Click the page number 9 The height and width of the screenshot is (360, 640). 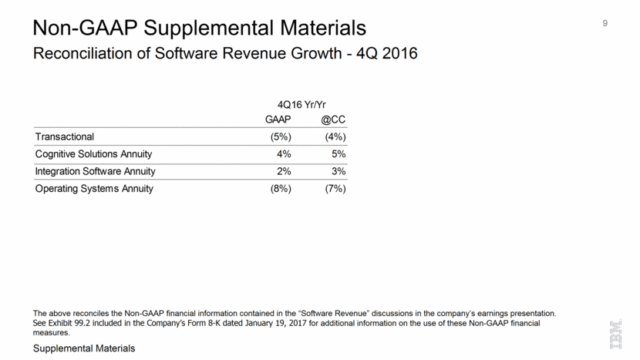[605, 23]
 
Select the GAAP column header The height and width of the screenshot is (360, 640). [278, 120]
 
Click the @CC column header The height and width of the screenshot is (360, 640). [333, 120]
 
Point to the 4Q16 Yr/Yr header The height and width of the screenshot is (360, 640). [305, 104]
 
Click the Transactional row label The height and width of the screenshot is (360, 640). [65, 137]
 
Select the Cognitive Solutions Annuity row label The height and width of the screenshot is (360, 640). [93, 154]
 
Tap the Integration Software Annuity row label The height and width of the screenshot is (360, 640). [96, 171]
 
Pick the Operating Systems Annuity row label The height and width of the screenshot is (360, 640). [94, 188]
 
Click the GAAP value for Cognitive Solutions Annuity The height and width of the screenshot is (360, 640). [282, 154]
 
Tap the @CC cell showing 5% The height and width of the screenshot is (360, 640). [337, 154]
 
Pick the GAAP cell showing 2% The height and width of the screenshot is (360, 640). [282, 171]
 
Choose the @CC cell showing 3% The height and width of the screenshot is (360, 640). [337, 171]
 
